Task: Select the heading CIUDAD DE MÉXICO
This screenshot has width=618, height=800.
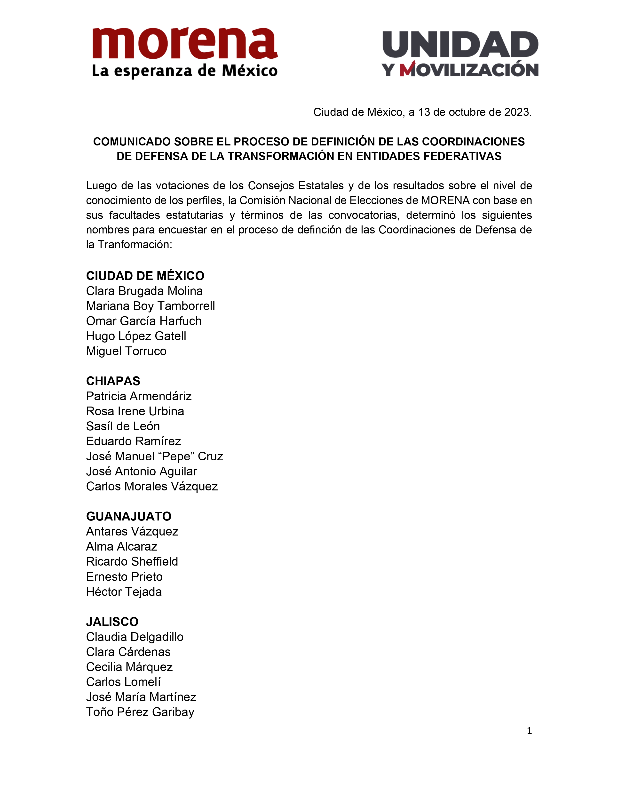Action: click(x=145, y=276)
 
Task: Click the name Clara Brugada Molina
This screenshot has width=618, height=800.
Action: click(x=144, y=291)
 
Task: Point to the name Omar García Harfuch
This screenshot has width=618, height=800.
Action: click(x=143, y=321)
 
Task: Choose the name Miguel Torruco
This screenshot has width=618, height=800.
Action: click(x=126, y=351)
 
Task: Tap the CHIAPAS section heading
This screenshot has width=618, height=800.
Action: click(x=113, y=381)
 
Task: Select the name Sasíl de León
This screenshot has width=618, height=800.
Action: click(x=123, y=426)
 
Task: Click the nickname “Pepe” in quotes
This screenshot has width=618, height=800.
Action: click(x=175, y=456)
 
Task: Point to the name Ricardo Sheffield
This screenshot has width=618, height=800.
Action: click(x=132, y=561)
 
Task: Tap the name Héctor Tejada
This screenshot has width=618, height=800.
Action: click(x=124, y=592)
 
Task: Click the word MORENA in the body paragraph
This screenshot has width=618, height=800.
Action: click(x=445, y=200)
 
